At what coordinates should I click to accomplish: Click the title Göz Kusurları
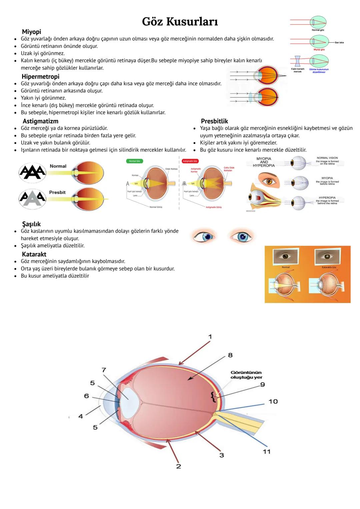(180, 22)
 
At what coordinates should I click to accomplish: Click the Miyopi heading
(32, 32)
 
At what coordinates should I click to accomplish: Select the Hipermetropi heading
(40, 76)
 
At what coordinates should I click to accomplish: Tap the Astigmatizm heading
(40, 121)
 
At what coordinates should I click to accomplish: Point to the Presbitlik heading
(214, 121)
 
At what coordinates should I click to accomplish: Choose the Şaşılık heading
(31, 224)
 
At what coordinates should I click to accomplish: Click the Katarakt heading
(34, 254)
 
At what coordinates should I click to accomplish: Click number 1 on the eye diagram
(210, 337)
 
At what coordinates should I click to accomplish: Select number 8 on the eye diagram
(230, 355)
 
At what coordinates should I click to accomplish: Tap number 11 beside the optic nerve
(267, 452)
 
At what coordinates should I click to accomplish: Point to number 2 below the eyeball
(178, 466)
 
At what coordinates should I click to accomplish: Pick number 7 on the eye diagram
(104, 370)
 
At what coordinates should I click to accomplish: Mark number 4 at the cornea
(81, 416)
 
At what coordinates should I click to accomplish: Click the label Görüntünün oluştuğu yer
(246, 375)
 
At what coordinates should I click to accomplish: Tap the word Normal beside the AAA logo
(58, 166)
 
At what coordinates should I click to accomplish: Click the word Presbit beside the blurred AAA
(57, 192)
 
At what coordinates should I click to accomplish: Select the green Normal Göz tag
(135, 161)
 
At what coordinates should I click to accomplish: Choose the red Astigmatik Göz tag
(190, 161)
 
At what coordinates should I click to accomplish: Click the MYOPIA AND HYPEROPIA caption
(264, 162)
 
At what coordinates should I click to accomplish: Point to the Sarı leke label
(339, 43)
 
